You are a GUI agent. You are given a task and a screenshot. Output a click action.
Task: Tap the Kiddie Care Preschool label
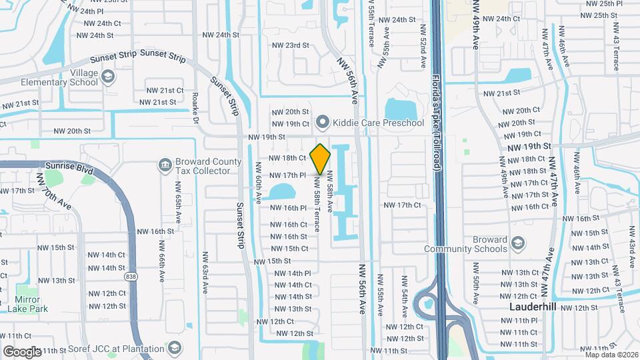[x=378, y=123]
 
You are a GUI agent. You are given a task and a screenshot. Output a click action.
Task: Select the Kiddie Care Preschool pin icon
[x=323, y=123]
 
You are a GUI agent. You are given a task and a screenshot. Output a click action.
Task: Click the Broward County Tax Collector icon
[x=165, y=165]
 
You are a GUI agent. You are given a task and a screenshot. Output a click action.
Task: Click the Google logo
[x=22, y=351]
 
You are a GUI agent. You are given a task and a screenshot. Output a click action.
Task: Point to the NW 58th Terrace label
[x=317, y=207]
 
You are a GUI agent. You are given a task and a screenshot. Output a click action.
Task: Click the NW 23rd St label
[x=291, y=45]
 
